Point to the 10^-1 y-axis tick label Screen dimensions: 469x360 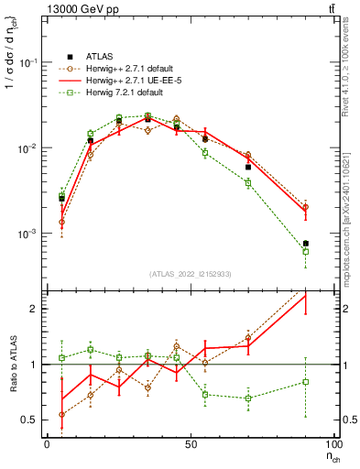pos(29,62)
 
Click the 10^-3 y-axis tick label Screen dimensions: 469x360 pos(29,234)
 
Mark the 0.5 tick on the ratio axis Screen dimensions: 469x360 pos(29,420)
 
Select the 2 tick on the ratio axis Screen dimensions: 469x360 pos(35,309)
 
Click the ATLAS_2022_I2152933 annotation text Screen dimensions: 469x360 pos(191,274)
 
